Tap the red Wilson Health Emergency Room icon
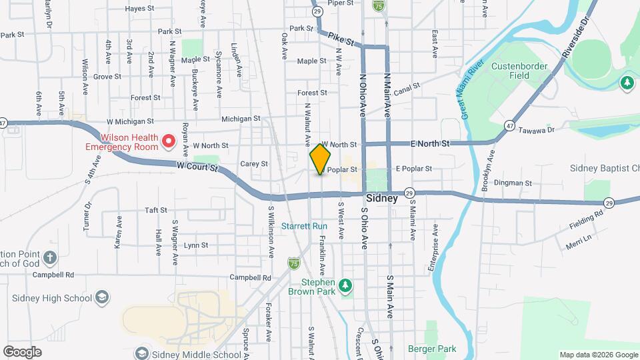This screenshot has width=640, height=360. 169,141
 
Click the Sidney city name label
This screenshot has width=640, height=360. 383,199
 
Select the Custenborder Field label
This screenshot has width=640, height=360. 519,71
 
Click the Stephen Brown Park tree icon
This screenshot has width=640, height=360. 345,285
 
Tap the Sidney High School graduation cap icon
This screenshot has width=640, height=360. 102,297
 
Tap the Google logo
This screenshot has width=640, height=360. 22,351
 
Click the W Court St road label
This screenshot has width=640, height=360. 197,167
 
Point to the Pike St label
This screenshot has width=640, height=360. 344,41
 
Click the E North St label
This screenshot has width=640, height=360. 430,143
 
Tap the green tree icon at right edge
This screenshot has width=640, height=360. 627,83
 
